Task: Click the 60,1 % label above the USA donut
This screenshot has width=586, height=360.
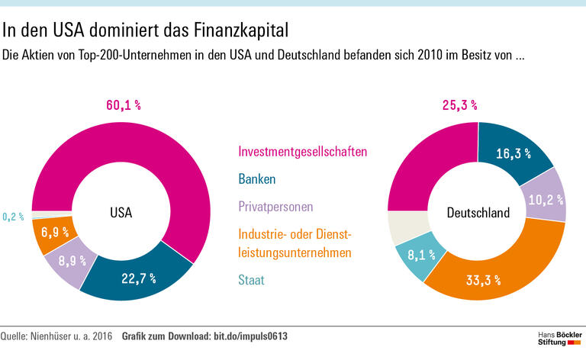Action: (122, 105)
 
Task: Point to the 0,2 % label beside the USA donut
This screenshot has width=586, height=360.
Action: (13, 217)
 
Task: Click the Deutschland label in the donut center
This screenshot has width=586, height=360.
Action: (478, 214)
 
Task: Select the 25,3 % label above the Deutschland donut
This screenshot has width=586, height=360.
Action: (459, 106)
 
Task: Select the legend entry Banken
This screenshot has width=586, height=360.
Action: (257, 179)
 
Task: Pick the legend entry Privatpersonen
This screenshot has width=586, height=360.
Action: (275, 206)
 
